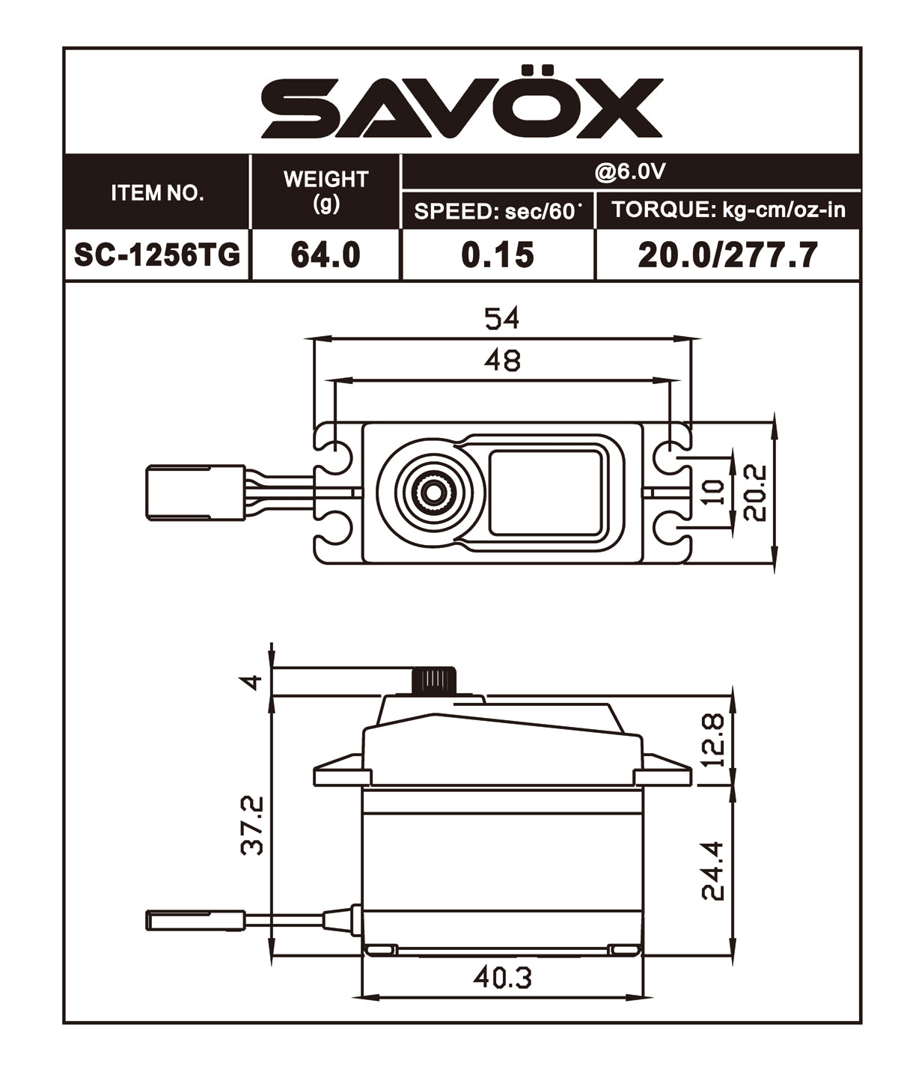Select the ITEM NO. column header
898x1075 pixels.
(157, 193)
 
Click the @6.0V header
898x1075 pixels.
(630, 172)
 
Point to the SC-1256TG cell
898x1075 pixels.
(157, 255)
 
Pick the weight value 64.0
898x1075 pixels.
(326, 255)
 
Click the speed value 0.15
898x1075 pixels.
(498, 255)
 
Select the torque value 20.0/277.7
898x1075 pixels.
(727, 255)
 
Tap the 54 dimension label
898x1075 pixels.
(501, 319)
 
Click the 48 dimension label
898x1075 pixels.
(501, 361)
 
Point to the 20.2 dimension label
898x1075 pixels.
(756, 492)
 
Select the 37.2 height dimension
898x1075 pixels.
(252, 825)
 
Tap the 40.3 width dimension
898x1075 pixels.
(502, 977)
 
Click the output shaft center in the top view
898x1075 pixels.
(432, 492)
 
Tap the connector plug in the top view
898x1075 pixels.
(195, 492)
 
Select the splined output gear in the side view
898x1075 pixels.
(433, 680)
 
